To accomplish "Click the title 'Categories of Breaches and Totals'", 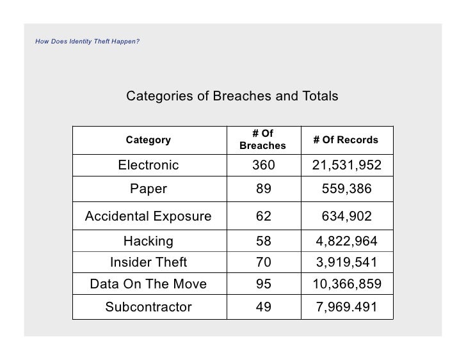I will pyautogui.click(x=232, y=97).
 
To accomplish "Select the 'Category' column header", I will pyautogui.click(x=149, y=140).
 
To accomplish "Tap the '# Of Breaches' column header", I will pyautogui.click(x=262, y=140).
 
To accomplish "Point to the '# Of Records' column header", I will pyautogui.click(x=346, y=140).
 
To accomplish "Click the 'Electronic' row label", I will pyautogui.click(x=149, y=166).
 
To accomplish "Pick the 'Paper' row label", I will pyautogui.click(x=149, y=189).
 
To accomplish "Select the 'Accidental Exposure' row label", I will pyautogui.click(x=149, y=217).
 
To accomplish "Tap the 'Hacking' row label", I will pyautogui.click(x=149, y=242).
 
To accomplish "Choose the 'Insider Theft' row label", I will pyautogui.click(x=149, y=262).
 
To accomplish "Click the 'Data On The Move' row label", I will pyautogui.click(x=149, y=284).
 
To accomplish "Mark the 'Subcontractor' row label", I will pyautogui.click(x=149, y=307).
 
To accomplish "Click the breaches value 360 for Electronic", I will pyautogui.click(x=263, y=166).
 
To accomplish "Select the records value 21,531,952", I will pyautogui.click(x=346, y=166).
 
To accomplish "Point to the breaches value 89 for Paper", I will pyautogui.click(x=263, y=189).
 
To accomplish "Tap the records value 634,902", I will pyautogui.click(x=346, y=217).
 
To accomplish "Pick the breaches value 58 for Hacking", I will pyautogui.click(x=263, y=242).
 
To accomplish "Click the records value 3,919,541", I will pyautogui.click(x=346, y=262).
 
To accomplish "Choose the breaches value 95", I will pyautogui.click(x=263, y=284).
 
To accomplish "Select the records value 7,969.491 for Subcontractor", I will pyautogui.click(x=346, y=307).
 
